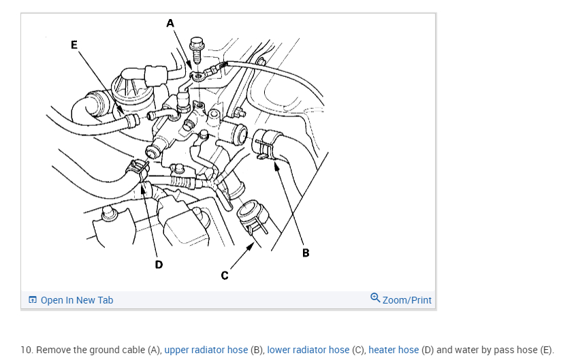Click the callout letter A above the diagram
click(x=170, y=23)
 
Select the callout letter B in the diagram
click(x=306, y=253)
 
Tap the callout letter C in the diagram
click(x=224, y=275)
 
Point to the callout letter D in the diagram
click(x=159, y=264)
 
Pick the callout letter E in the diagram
click(x=74, y=45)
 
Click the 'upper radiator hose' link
click(x=206, y=350)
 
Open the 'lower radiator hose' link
click(x=308, y=350)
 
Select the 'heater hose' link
click(x=394, y=350)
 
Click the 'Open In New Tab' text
click(x=77, y=300)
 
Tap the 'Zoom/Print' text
click(x=407, y=300)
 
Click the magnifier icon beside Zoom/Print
click(x=375, y=299)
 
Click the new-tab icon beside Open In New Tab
click(x=32, y=300)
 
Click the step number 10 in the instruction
click(x=26, y=350)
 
